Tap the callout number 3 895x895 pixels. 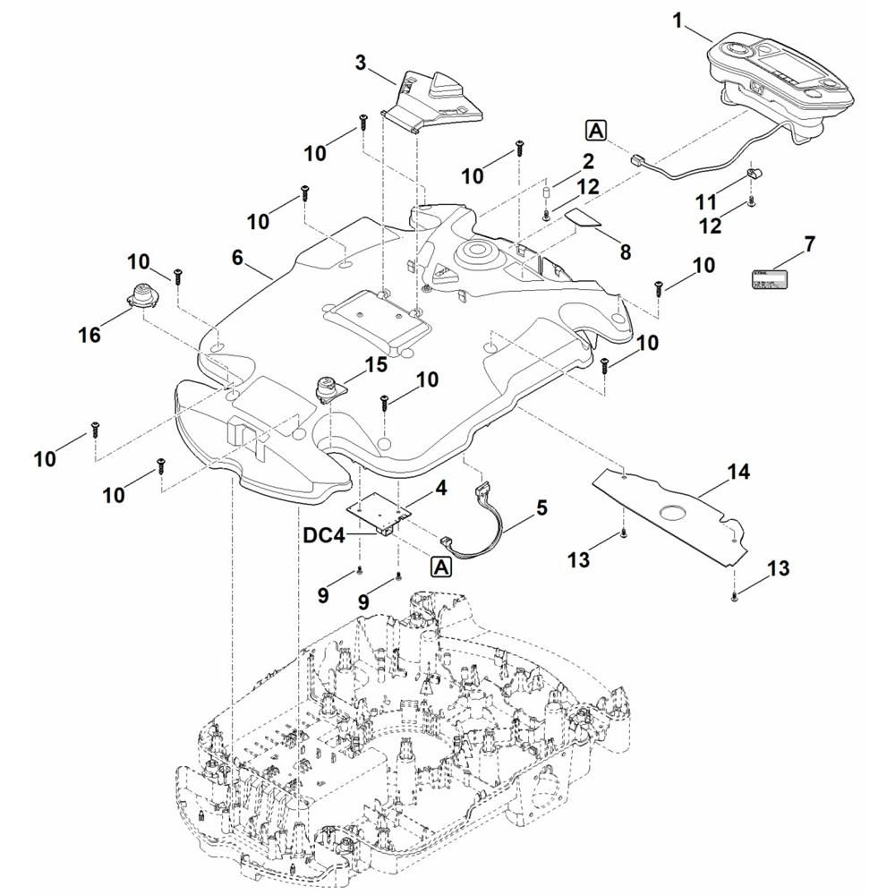361,63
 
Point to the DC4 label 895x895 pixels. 322,535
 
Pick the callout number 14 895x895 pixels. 739,472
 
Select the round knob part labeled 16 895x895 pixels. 141,295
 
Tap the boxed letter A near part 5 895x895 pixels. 440,567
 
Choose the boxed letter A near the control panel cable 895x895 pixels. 597,131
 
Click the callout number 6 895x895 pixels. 237,257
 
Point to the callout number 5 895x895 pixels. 541,507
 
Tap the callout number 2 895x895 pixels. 588,162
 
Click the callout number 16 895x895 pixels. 89,336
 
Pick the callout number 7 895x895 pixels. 809,243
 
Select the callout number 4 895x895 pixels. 440,489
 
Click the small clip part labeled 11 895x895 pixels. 754,174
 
